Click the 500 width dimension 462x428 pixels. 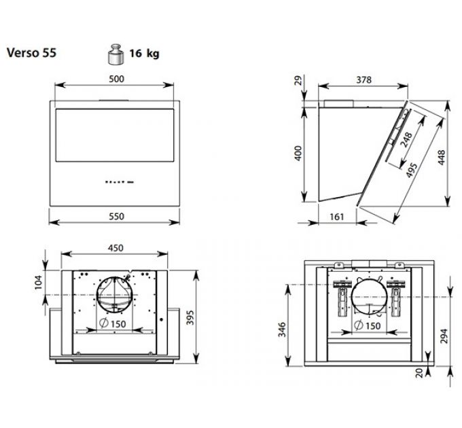(116, 79)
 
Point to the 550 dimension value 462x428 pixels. (116, 216)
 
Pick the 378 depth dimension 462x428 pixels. (363, 79)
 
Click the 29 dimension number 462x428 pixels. (296, 82)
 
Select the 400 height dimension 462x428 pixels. (296, 154)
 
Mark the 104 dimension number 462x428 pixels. (38, 281)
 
